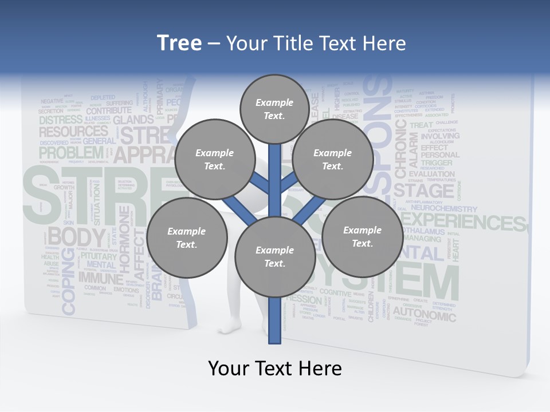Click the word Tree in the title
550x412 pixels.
(x=179, y=43)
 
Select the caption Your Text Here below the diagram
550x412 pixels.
(x=275, y=369)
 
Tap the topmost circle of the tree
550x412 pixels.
(x=274, y=109)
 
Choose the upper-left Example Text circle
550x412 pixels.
(x=214, y=159)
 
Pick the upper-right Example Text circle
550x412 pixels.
(x=332, y=159)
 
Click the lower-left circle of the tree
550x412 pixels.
(x=186, y=237)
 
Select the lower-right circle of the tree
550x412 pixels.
(x=362, y=236)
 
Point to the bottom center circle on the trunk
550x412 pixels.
(x=274, y=256)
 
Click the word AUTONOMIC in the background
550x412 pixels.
(x=425, y=314)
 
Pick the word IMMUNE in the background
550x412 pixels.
(x=101, y=279)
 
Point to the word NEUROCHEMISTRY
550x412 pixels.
(x=444, y=209)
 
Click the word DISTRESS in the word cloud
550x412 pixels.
(x=61, y=120)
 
